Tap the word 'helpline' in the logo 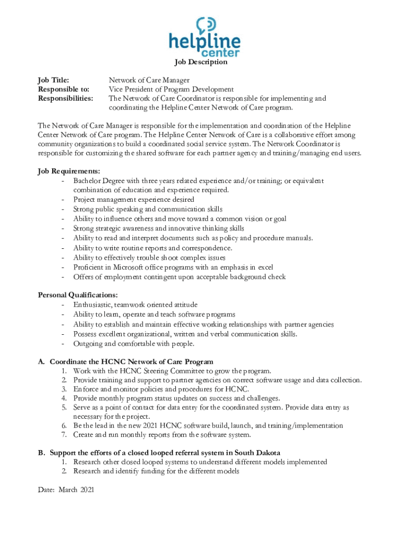pyautogui.click(x=205, y=42)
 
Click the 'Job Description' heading pyautogui.click(x=201, y=62)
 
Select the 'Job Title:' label pyautogui.click(x=53, y=80)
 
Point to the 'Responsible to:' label pyautogui.click(x=63, y=89)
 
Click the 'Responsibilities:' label pyautogui.click(x=66, y=98)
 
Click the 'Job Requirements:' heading pyautogui.click(x=69, y=171)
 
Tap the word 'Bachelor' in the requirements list pyautogui.click(x=88, y=180)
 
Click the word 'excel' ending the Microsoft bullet pyautogui.click(x=264, y=267)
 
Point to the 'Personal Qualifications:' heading pyautogui.click(x=78, y=295)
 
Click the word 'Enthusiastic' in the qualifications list pyautogui.click(x=92, y=305)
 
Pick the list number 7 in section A pyautogui.click(x=64, y=434)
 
